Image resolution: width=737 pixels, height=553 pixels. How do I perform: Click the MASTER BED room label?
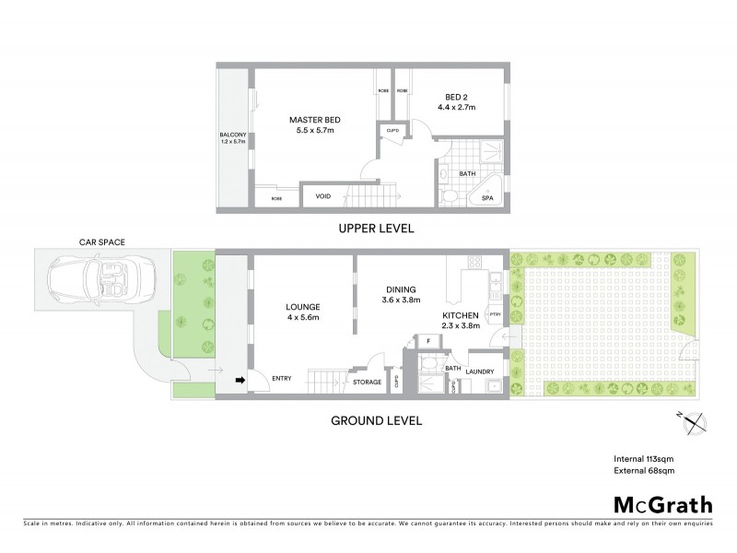click(310, 120)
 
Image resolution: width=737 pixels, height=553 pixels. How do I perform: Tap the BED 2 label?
click(455, 99)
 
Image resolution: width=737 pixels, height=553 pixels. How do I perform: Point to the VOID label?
click(323, 196)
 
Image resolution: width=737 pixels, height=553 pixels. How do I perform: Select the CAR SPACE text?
click(101, 242)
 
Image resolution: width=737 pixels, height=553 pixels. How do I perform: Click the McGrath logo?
click(661, 504)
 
